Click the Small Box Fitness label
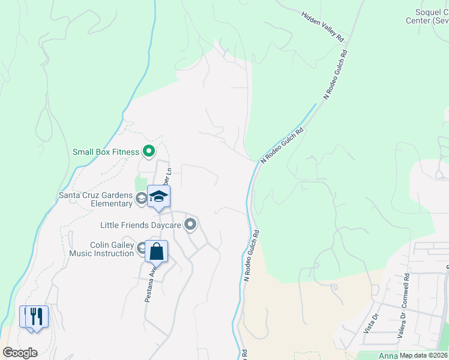[x=106, y=152]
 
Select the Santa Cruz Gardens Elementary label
[x=95, y=199]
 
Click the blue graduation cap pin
[x=158, y=197]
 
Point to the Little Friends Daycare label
[x=140, y=226]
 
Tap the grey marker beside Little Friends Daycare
[x=191, y=225]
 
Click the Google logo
[x=20, y=353]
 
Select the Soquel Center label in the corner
[x=432, y=16]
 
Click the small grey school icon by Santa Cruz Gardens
[x=141, y=198]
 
